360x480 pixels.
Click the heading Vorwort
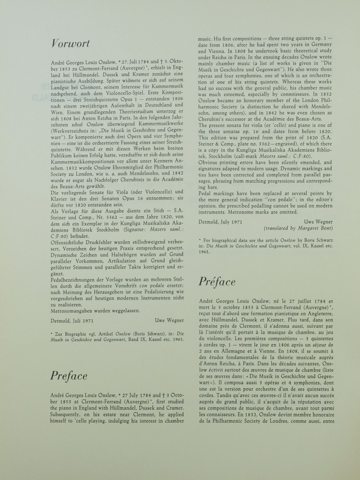click(70, 44)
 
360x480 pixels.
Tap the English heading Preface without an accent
click(69, 376)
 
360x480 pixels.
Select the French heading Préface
click(217, 282)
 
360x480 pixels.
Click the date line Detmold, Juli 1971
click(72, 320)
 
